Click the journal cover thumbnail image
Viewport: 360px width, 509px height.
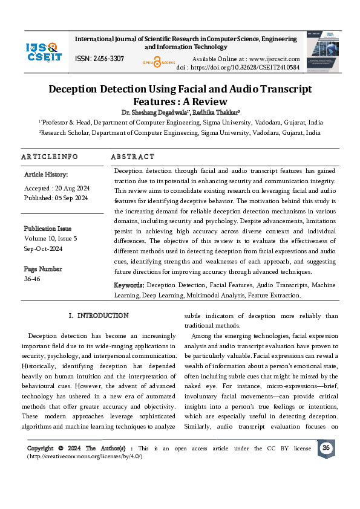click(322, 49)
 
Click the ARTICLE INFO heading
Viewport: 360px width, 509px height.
click(50, 157)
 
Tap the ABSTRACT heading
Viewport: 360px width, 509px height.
click(133, 157)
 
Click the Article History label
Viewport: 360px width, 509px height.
click(46, 174)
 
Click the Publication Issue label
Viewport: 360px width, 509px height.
click(48, 229)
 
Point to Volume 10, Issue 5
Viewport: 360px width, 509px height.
click(51, 238)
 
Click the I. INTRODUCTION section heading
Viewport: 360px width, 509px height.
click(98, 316)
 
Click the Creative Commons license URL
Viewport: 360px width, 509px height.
click(85, 456)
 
